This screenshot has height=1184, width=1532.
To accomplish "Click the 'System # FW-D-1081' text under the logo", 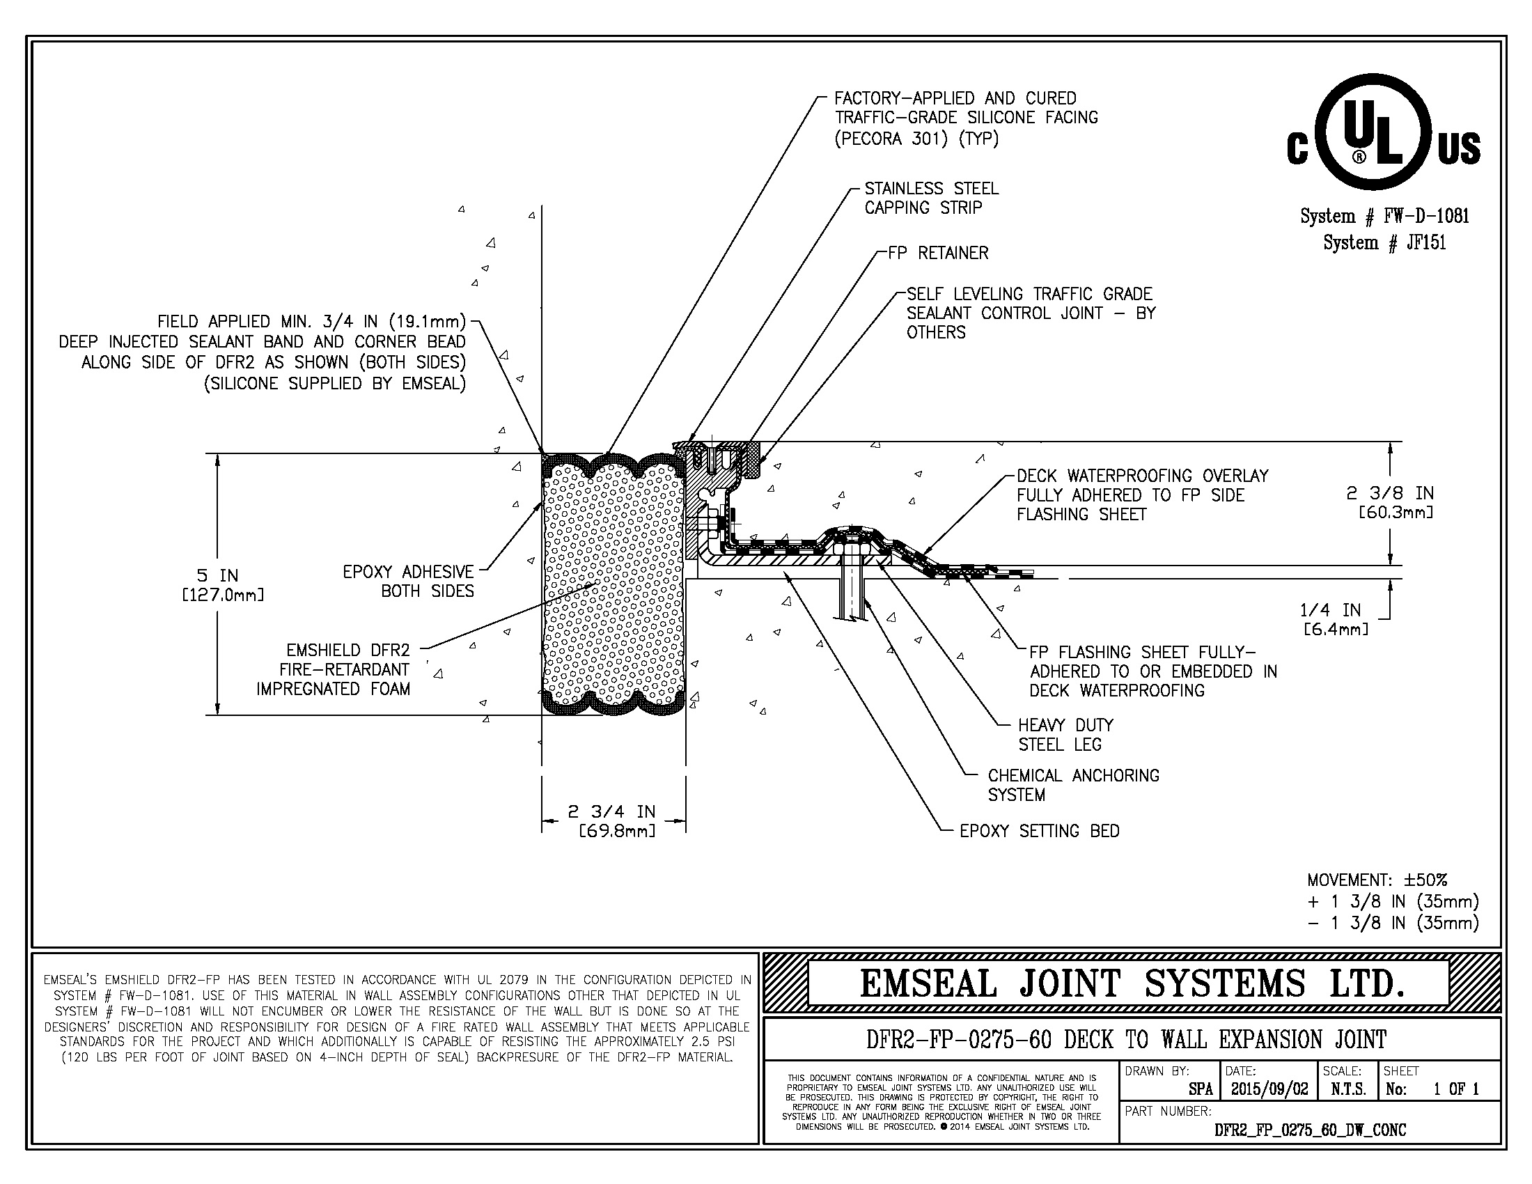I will pyautogui.click(x=1384, y=216).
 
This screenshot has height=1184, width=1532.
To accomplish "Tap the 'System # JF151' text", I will pyautogui.click(x=1384, y=242).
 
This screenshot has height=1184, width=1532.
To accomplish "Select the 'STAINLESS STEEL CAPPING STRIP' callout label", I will pyautogui.click(x=931, y=198).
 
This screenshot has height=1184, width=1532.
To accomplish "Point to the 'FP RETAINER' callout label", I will pyautogui.click(x=938, y=254).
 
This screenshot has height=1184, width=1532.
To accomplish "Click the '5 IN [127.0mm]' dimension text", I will pyautogui.click(x=223, y=585).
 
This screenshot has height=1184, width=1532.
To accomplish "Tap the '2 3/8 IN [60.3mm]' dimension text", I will pyautogui.click(x=1390, y=502).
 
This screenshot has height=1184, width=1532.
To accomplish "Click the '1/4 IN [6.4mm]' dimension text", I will pyautogui.click(x=1335, y=619).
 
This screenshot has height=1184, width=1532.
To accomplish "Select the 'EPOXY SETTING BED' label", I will pyautogui.click(x=1039, y=831).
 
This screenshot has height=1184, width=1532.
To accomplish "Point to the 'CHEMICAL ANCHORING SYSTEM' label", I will pyautogui.click(x=1073, y=785).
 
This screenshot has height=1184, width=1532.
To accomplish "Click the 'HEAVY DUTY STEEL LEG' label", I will pyautogui.click(x=1065, y=734).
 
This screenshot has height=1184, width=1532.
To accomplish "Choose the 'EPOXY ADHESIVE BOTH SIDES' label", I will pyautogui.click(x=408, y=582).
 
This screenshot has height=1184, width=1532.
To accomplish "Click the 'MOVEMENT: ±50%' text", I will pyautogui.click(x=1377, y=880).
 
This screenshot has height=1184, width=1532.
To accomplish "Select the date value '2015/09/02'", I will pyautogui.click(x=1269, y=1089).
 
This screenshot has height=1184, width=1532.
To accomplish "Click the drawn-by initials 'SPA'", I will pyautogui.click(x=1201, y=1089).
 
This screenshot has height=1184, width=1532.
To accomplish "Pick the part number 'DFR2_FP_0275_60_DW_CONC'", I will pyautogui.click(x=1310, y=1130).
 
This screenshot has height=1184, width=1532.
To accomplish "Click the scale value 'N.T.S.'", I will pyautogui.click(x=1348, y=1089).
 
